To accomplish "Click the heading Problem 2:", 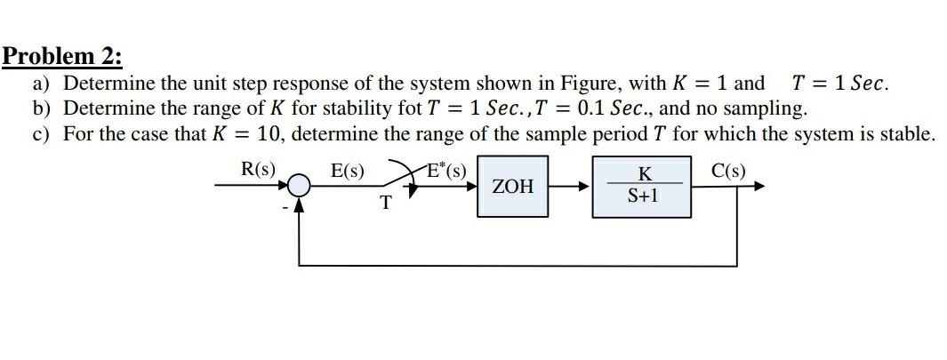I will [x=62, y=57].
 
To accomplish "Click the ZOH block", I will [x=513, y=187].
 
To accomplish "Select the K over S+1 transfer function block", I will [x=643, y=187].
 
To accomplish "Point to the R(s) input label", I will [x=258, y=169].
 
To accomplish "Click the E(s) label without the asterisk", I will [x=347, y=170].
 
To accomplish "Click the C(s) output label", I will [x=729, y=169].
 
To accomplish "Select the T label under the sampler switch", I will [x=386, y=204].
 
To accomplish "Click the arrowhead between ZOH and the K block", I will [x=585, y=187].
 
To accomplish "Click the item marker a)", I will [x=41, y=84].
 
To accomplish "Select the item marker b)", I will [x=41, y=109].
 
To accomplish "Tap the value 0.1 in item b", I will [x=592, y=109].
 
